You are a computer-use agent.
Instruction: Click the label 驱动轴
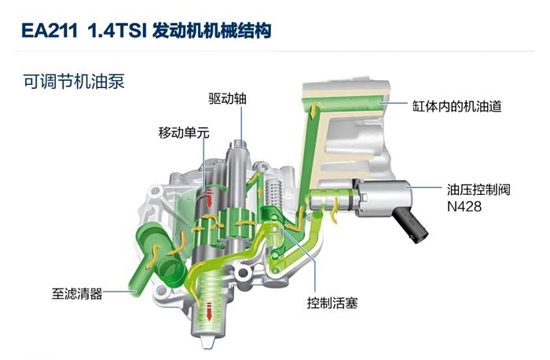click(227, 98)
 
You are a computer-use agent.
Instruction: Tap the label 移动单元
click(184, 133)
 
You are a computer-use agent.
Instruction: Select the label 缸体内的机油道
click(456, 106)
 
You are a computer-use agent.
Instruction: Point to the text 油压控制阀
click(478, 189)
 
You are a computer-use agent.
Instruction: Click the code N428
click(464, 206)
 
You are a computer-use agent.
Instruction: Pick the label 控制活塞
click(332, 303)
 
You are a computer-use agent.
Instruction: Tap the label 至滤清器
click(77, 293)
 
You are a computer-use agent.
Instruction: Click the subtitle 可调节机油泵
click(74, 81)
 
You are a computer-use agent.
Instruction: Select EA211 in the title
click(49, 31)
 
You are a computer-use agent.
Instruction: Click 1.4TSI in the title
click(117, 31)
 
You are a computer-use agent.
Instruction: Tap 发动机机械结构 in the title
click(212, 31)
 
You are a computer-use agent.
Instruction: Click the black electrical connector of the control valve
click(411, 223)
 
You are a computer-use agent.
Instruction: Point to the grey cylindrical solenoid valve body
click(384, 198)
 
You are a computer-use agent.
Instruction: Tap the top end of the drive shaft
click(239, 142)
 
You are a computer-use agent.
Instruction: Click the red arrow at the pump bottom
click(209, 311)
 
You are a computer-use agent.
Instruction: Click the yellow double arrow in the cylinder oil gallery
click(314, 110)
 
